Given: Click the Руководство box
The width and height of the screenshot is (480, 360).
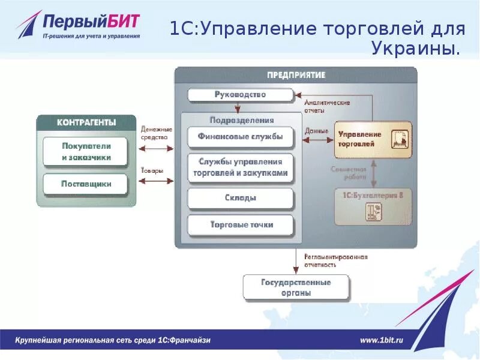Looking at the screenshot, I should [240, 95].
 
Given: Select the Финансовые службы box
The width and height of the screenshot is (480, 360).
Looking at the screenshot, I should [240, 136].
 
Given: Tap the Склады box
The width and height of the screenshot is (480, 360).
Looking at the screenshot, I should [240, 198].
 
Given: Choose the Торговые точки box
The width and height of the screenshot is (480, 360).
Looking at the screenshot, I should [240, 225].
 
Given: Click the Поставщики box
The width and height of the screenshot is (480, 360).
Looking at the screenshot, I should [86, 184].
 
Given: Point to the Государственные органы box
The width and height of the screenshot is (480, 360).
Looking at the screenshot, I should [296, 287].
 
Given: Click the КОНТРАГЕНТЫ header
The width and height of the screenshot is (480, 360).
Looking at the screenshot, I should [86, 122].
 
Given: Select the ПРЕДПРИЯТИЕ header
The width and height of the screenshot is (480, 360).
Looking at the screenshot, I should [296, 75].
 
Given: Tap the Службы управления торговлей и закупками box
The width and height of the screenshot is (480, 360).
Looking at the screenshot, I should [240, 167].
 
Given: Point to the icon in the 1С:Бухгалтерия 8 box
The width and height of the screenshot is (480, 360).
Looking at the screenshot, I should [373, 211].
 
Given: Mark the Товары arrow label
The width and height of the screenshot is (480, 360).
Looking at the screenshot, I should [152, 171].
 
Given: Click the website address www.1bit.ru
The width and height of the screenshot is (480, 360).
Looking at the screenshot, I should [382, 340].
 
